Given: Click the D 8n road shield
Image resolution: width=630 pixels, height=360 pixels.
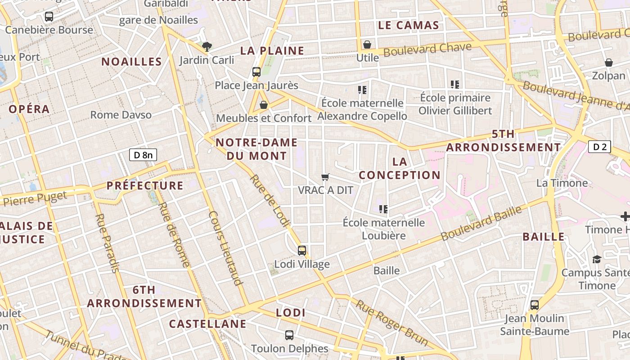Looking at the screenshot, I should point(143,155).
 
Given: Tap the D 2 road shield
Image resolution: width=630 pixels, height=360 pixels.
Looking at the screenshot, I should point(599,147).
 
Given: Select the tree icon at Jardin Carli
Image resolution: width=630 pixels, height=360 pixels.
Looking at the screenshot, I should point(207,46).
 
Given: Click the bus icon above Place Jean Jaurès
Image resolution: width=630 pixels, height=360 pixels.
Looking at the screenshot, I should point(256,72).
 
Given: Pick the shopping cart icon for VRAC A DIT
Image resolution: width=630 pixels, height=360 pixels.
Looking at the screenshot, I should point(325,177).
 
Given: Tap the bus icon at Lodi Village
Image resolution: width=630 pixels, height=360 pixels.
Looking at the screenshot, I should point(302,251).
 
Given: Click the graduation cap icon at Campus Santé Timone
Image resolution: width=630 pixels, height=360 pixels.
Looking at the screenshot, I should point(597,259).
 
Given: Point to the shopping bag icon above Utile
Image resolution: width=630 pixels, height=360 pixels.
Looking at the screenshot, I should point(367,45).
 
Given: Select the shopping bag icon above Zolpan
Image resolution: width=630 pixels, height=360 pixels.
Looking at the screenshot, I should point(608,63).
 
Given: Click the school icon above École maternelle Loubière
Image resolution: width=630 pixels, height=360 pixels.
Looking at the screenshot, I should point(384,209).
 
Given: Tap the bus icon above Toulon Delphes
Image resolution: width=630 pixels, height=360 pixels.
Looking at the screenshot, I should point(289,335).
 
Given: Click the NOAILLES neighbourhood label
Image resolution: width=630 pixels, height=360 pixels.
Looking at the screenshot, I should point(131,62).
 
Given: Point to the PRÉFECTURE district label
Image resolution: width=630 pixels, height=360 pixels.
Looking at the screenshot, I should point(145,185).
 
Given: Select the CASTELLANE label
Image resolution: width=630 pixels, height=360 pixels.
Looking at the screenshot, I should point(207,324).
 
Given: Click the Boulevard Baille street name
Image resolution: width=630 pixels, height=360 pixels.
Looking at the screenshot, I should point(481,223).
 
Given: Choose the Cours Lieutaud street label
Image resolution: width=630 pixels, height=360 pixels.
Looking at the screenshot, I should point(225,247).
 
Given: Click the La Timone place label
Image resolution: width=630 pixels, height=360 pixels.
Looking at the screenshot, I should point(562,183).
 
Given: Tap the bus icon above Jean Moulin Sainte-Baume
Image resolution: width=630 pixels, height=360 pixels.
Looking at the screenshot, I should point(534,305).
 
